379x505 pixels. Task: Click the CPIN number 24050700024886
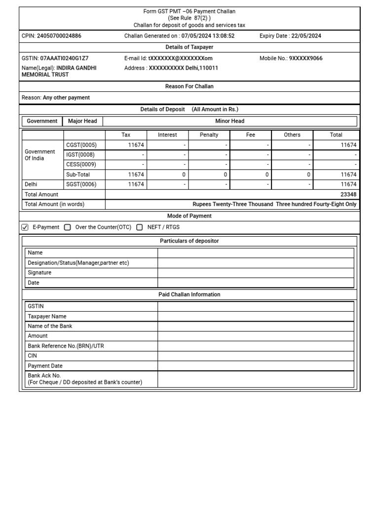[59, 36]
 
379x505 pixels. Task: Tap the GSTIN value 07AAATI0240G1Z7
[65, 58]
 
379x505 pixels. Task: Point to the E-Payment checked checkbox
[25, 227]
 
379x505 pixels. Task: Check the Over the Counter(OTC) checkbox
[68, 227]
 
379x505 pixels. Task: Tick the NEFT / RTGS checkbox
[140, 227]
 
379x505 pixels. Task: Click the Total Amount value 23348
[348, 194]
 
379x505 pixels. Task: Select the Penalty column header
[209, 135]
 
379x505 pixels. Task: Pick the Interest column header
[167, 135]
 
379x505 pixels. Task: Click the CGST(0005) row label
[81, 145]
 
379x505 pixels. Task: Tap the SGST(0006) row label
[81, 184]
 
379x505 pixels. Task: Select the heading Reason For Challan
[189, 86]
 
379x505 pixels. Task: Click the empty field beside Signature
[256, 273]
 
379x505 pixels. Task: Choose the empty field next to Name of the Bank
[256, 326]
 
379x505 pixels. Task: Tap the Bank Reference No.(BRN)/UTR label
[66, 346]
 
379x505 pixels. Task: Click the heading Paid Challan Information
[189, 294]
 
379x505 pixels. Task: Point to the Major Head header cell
[82, 121]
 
